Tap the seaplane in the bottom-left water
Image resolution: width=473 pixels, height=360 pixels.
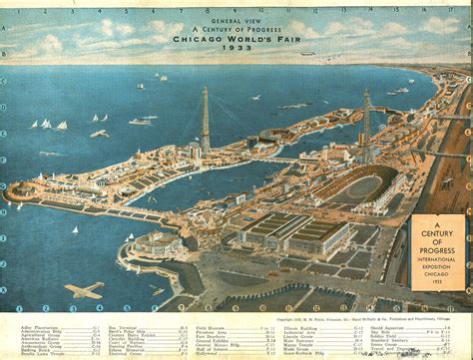pos(85,290)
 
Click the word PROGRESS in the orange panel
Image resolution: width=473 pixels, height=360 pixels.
pos(436,247)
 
